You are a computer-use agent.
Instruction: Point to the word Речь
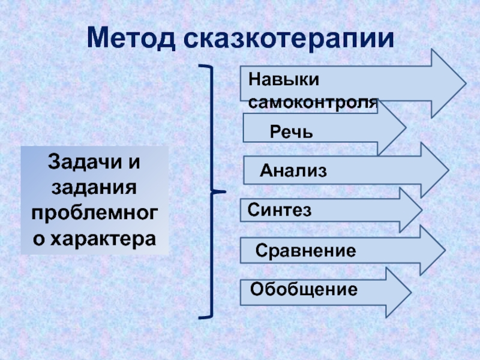point(291,131)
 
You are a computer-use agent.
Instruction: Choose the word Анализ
point(293,171)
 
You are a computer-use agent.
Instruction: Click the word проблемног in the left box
point(95,213)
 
